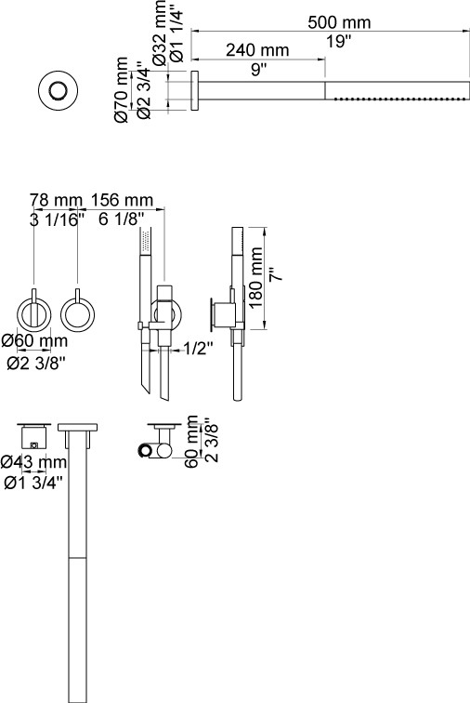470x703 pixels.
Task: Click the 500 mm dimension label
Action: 339,22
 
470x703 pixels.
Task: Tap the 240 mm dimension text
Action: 257,50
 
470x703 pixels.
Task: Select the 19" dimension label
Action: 338,41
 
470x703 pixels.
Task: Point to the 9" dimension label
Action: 259,69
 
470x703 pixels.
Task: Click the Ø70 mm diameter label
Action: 122,89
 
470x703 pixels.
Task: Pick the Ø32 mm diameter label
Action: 159,33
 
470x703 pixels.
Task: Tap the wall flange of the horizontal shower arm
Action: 195,90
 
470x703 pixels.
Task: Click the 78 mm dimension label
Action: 57,200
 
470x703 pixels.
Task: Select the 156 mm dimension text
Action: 122,200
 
